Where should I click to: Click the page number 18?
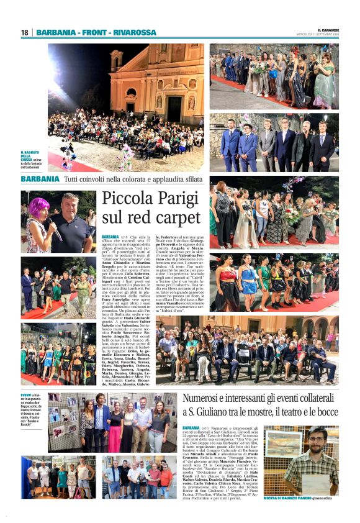(x=25, y=32)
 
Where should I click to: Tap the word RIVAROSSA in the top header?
(x=135, y=32)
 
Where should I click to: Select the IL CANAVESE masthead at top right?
(x=327, y=29)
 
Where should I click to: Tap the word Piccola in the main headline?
(x=124, y=200)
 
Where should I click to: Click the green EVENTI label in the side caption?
(x=27, y=394)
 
